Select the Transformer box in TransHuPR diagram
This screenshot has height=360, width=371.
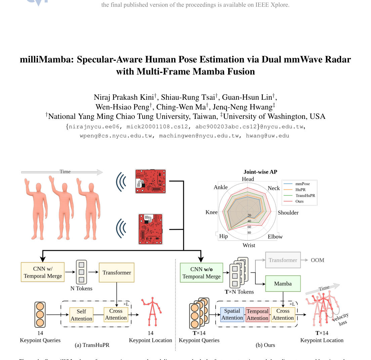pyautogui.click(x=117, y=273)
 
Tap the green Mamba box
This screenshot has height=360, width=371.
pyautogui.click(x=283, y=284)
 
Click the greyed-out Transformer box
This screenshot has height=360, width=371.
pyautogui.click(x=283, y=260)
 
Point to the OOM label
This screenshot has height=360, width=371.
pyautogui.click(x=317, y=260)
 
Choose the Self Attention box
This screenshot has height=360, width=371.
pyautogui.click(x=81, y=315)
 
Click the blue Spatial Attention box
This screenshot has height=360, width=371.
pyautogui.click(x=232, y=315)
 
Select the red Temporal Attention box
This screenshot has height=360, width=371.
pyautogui.click(x=258, y=315)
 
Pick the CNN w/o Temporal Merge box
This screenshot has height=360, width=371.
pyautogui.click(x=201, y=273)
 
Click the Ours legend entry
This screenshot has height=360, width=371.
pyautogui.click(x=299, y=201)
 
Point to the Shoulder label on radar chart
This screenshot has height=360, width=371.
pyautogui.click(x=288, y=213)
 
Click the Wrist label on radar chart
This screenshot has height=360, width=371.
pyautogui.click(x=249, y=245)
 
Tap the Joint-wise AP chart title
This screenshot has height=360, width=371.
pyautogui.click(x=260, y=172)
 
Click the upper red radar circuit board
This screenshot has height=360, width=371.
pyautogui.click(x=151, y=181)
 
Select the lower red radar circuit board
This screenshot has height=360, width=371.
pyautogui.click(x=151, y=229)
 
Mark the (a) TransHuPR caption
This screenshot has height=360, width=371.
pyautogui.click(x=92, y=345)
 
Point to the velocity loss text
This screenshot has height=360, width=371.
pyautogui.click(x=340, y=319)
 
